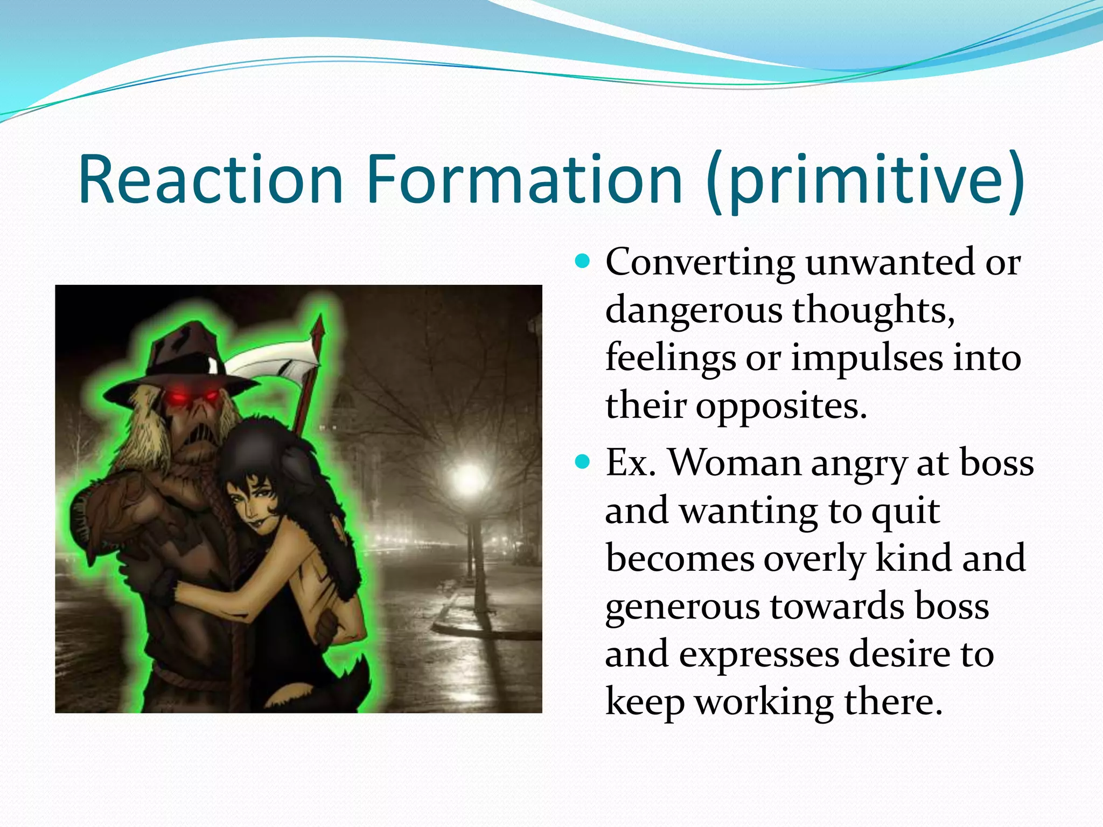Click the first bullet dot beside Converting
(x=582, y=262)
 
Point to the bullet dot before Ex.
(x=582, y=462)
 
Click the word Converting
(x=700, y=262)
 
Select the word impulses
(x=867, y=358)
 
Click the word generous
(x=682, y=607)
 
